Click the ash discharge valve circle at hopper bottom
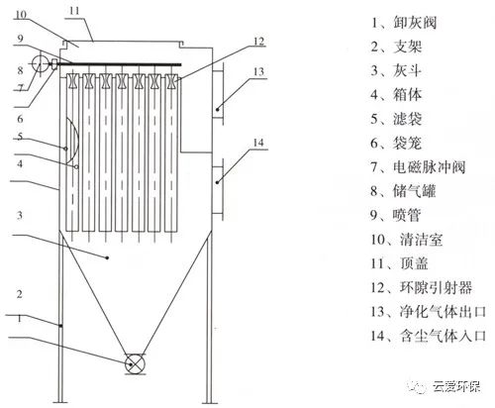click(x=135, y=364)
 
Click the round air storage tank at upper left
click(x=40, y=63)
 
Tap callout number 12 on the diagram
click(x=259, y=42)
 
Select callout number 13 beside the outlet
click(x=259, y=71)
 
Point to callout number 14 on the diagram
click(x=258, y=143)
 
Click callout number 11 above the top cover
click(x=74, y=11)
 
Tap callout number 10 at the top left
click(x=21, y=15)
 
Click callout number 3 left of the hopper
click(x=20, y=215)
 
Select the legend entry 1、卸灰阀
click(x=404, y=23)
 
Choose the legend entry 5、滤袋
click(x=396, y=119)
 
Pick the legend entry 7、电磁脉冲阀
click(x=418, y=167)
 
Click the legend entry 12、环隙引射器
click(x=422, y=287)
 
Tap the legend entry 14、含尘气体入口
click(x=429, y=336)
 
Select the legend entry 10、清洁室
click(x=407, y=240)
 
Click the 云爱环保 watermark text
click(x=457, y=386)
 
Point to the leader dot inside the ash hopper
click(x=107, y=257)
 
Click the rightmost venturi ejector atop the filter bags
click(x=170, y=81)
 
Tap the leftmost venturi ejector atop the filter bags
click(x=72, y=81)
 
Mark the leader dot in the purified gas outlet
click(x=218, y=109)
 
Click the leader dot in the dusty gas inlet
click(x=218, y=182)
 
